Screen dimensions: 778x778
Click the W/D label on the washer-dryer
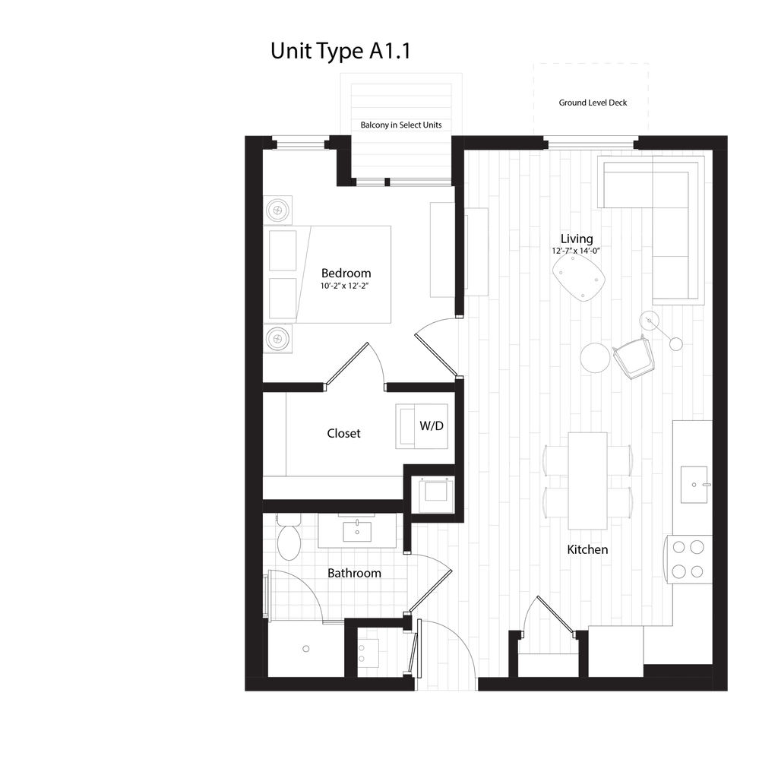click(x=431, y=425)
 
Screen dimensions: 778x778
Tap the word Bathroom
click(x=354, y=573)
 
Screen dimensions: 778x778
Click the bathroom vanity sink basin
click(x=357, y=530)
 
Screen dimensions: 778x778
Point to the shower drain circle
click(x=306, y=648)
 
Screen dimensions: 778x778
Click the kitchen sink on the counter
click(x=694, y=484)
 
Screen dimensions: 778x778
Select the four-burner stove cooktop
click(x=688, y=558)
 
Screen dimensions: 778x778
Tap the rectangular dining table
click(x=587, y=480)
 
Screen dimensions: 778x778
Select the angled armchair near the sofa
click(x=637, y=357)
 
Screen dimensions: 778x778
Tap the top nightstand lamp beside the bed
click(x=278, y=209)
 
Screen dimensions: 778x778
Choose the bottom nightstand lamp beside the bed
click(x=278, y=338)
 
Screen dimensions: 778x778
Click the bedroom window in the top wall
click(x=299, y=142)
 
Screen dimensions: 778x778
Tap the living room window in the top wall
click(x=590, y=141)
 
